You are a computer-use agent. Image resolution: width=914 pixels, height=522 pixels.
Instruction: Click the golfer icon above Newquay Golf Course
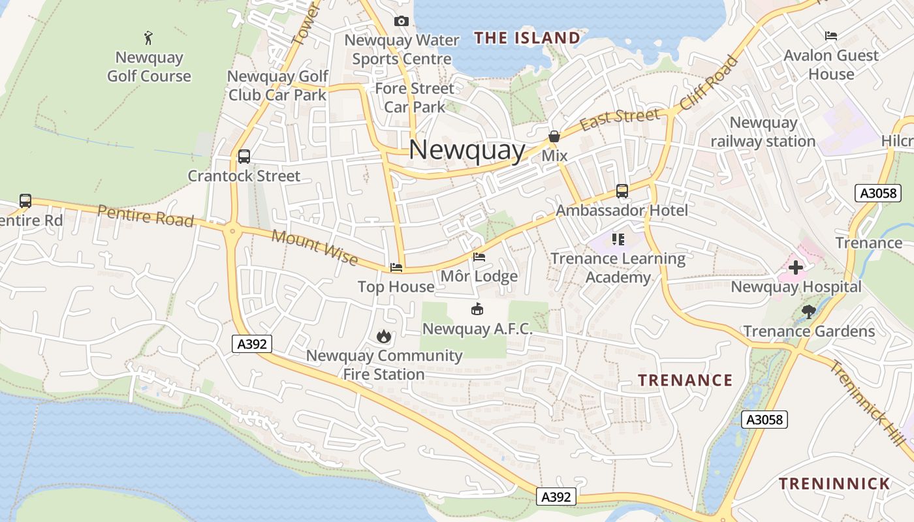pyautogui.click(x=149, y=37)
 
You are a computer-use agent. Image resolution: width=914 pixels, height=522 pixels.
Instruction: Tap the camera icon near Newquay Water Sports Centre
pyautogui.click(x=402, y=22)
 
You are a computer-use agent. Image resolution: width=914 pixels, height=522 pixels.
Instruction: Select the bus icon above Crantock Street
pyautogui.click(x=244, y=157)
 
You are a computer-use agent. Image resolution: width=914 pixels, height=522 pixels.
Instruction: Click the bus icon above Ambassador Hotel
pyautogui.click(x=622, y=191)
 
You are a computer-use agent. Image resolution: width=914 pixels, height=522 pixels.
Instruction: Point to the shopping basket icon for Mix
pyautogui.click(x=554, y=137)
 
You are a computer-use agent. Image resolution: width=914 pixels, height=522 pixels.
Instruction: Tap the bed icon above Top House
pyautogui.click(x=396, y=268)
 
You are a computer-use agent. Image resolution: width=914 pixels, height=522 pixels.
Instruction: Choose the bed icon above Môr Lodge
pyautogui.click(x=479, y=257)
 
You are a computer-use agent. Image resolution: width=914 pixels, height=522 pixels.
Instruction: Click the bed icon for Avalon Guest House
pyautogui.click(x=831, y=36)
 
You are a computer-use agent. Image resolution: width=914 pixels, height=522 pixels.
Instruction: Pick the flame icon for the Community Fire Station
pyautogui.click(x=384, y=337)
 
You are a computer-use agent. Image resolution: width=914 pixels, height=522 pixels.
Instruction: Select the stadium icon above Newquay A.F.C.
pyautogui.click(x=477, y=309)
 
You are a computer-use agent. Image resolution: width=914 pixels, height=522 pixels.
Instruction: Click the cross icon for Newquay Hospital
pyautogui.click(x=796, y=268)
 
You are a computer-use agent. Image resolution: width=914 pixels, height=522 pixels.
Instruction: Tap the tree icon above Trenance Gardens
pyautogui.click(x=809, y=312)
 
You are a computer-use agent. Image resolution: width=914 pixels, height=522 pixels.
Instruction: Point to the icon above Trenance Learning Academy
pyautogui.click(x=618, y=239)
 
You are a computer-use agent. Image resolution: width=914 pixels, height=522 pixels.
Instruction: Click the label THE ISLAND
pyautogui.click(x=528, y=38)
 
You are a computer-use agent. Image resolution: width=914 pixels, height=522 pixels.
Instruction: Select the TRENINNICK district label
pyautogui.click(x=834, y=484)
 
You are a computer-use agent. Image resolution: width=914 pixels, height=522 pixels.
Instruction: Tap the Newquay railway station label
pyautogui.click(x=763, y=132)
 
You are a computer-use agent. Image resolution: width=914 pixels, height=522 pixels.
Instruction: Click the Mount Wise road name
pyautogui.click(x=315, y=247)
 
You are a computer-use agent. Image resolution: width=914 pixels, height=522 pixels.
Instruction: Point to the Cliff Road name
pyautogui.click(x=709, y=83)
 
